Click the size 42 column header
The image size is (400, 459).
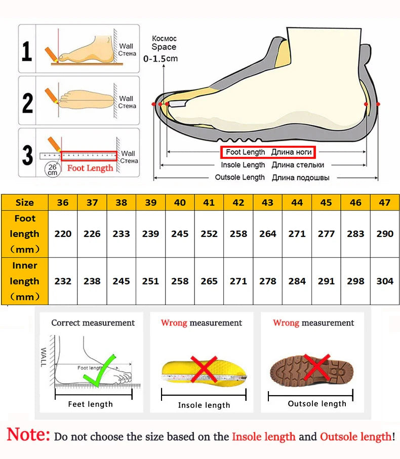238,202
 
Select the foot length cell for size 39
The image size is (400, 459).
150,234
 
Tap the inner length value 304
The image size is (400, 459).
385,281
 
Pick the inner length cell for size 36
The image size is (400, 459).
63,281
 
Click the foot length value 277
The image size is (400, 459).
326,234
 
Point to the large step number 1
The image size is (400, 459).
27,51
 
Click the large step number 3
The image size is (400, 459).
27,155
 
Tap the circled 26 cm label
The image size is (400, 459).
53,170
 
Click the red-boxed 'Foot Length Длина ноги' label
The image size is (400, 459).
268,152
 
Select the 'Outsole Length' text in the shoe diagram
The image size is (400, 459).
240,178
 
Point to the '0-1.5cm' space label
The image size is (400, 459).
161,59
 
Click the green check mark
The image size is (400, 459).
100,371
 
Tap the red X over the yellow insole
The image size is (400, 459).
204,369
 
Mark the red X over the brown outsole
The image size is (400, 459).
317,367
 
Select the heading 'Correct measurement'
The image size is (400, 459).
93,323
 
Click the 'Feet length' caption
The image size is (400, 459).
91,404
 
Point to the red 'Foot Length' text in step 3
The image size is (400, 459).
90,168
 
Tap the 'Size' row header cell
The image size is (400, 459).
25,202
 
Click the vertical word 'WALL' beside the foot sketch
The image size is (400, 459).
44,357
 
